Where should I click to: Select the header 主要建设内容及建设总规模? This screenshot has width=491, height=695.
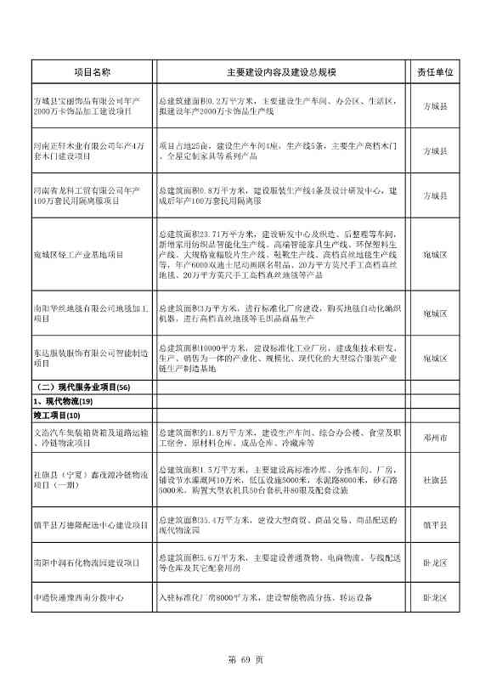click(x=281, y=73)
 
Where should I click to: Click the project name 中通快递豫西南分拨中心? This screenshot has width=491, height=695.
click(x=78, y=598)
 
